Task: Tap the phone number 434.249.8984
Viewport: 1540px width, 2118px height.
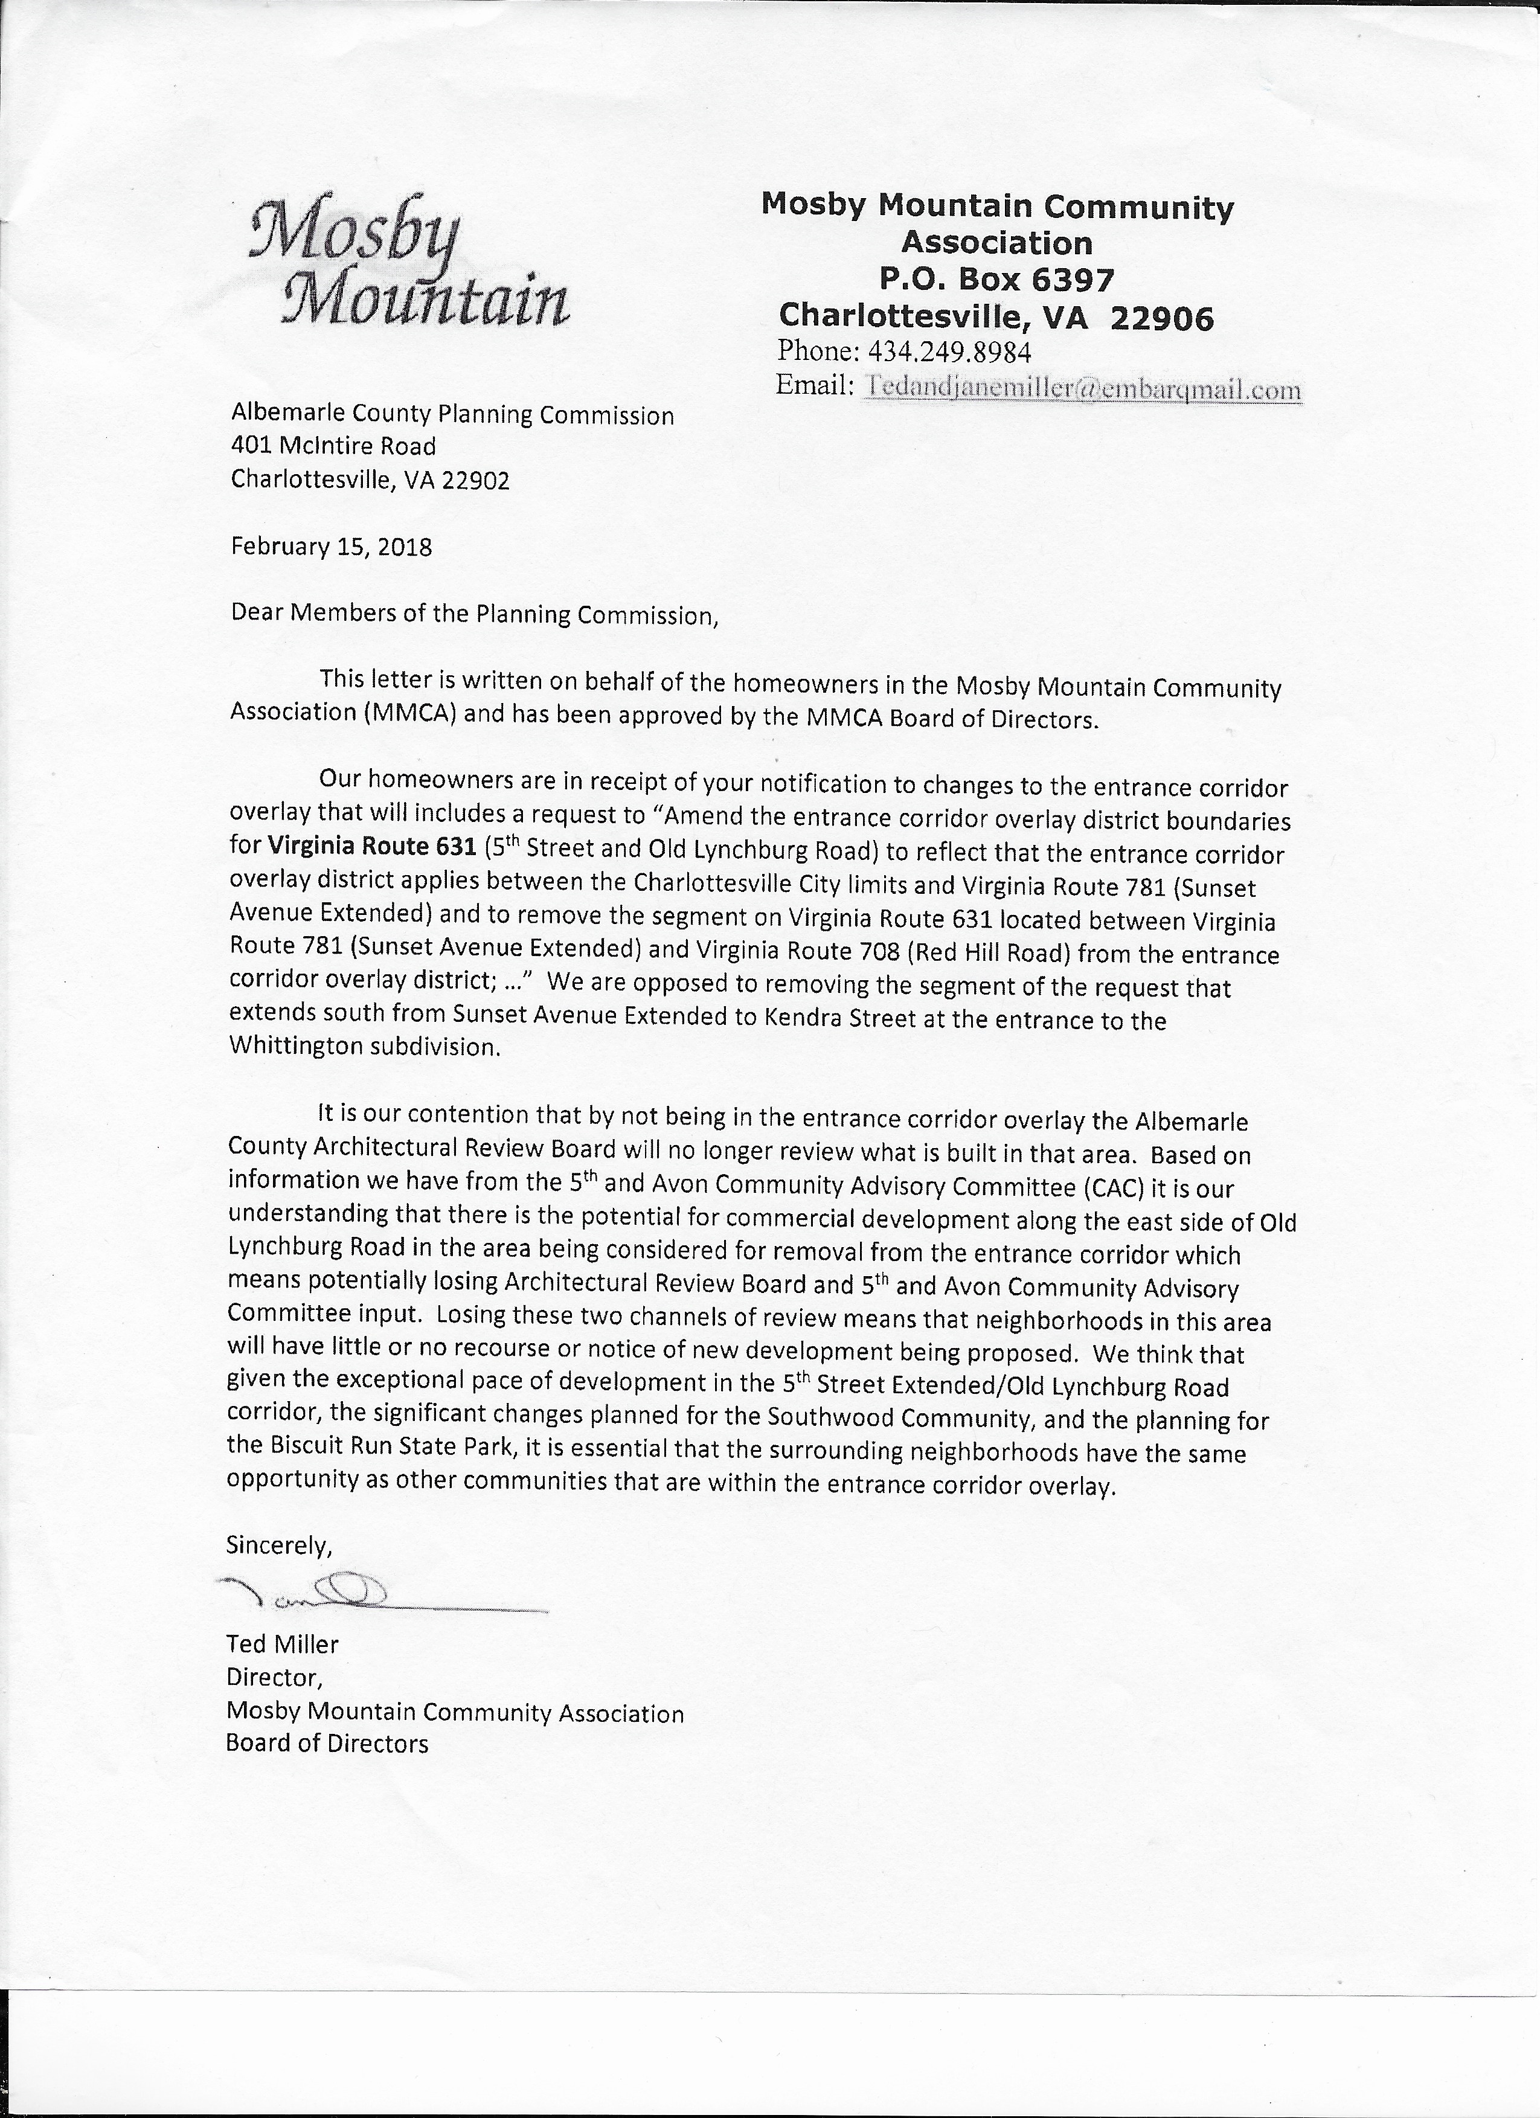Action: pos(949,352)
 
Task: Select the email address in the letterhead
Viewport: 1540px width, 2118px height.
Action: pos(1082,388)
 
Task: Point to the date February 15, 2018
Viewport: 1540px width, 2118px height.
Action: pos(332,547)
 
